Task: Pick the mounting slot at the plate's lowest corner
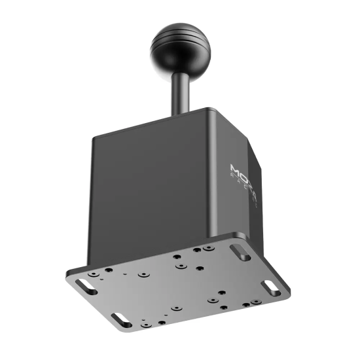click(x=120, y=317)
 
